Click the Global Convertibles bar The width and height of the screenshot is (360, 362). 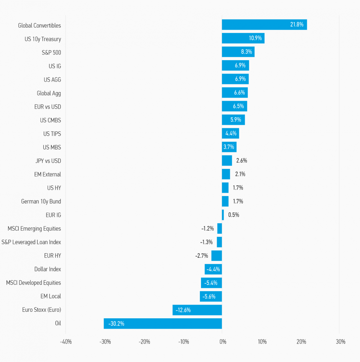pyautogui.click(x=264, y=25)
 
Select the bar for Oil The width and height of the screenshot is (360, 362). pyautogui.click(x=163, y=323)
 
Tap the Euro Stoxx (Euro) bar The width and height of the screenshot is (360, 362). pyautogui.click(x=197, y=310)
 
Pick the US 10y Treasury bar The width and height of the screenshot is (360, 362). pyautogui.click(x=243, y=38)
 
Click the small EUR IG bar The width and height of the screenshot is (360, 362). pyautogui.click(x=223, y=215)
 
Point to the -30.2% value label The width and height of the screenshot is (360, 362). pyautogui.click(x=116, y=324)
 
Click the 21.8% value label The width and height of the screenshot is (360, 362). pyautogui.click(x=296, y=25)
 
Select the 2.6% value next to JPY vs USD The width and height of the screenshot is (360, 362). pyautogui.click(x=242, y=161)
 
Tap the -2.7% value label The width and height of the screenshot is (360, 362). pyautogui.click(x=201, y=256)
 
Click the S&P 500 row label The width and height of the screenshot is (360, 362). pyautogui.click(x=51, y=52)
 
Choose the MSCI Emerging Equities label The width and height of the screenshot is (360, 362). pyautogui.click(x=34, y=229)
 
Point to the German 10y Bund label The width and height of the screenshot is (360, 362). pyautogui.click(x=41, y=201)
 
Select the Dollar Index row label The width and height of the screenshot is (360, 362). pyautogui.click(x=47, y=269)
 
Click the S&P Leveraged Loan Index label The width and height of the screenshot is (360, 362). pyautogui.click(x=31, y=242)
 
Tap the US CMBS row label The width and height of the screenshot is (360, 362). pyautogui.click(x=51, y=120)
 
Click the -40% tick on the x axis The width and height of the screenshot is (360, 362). pyautogui.click(x=65, y=342)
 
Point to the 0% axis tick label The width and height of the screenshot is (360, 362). pyautogui.click(x=223, y=342)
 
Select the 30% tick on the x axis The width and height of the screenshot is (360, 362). pyautogui.click(x=340, y=342)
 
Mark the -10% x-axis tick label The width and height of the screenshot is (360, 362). pyautogui.click(x=183, y=342)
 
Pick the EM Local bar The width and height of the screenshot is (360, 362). pyautogui.click(x=211, y=296)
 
